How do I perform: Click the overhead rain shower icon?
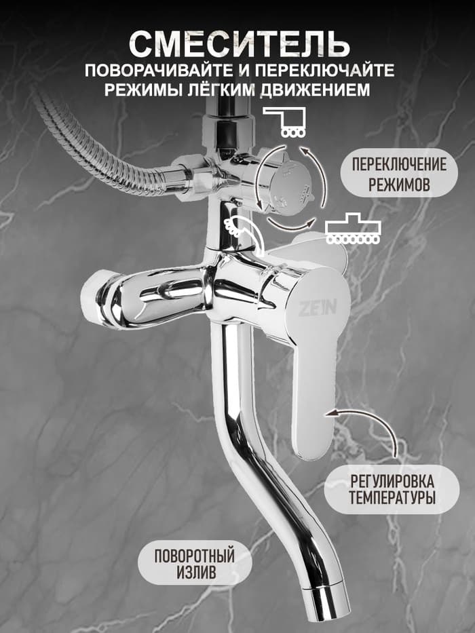(x=284, y=121)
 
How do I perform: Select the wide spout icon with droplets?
(x=353, y=231)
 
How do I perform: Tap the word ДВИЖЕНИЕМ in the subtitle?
(x=320, y=90)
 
